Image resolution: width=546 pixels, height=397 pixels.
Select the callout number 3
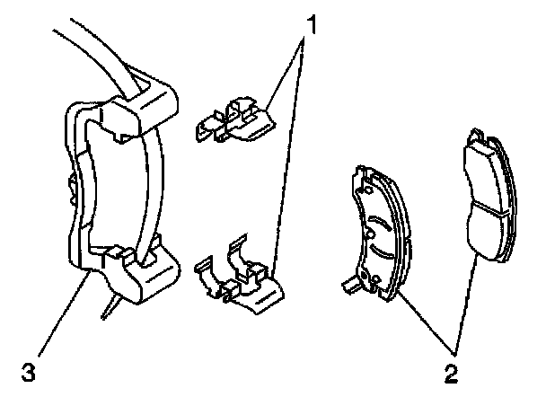click(30, 369)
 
